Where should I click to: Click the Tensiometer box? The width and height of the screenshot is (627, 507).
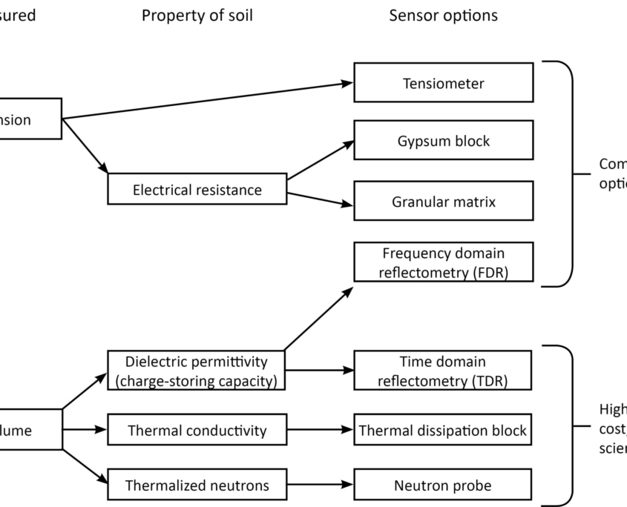[x=443, y=82]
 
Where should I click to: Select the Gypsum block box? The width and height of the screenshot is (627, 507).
[x=443, y=141]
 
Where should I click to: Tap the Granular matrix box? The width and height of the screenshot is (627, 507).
[x=443, y=201]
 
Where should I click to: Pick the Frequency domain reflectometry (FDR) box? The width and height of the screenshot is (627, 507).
[x=443, y=262]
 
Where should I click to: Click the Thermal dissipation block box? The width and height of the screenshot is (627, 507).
[x=443, y=430]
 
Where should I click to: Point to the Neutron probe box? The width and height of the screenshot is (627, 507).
[x=443, y=486]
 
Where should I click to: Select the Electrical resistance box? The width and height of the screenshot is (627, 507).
[x=197, y=190]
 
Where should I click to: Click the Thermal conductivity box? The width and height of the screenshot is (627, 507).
[x=197, y=430]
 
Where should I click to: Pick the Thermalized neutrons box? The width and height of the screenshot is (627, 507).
[x=197, y=486]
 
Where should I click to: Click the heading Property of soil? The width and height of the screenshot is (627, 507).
[x=197, y=16]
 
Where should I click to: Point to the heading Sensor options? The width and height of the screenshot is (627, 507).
[x=443, y=16]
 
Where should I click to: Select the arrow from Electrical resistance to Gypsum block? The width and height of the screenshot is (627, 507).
[x=321, y=161]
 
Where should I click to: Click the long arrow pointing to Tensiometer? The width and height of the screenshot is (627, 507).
[x=208, y=100]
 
